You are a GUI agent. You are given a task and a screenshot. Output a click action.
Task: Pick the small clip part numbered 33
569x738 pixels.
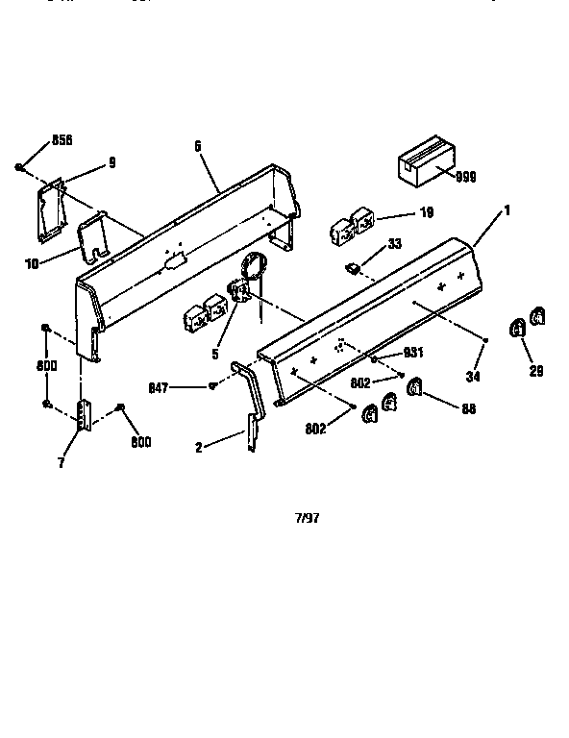point(353,264)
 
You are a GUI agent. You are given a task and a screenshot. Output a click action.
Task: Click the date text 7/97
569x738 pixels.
point(307,517)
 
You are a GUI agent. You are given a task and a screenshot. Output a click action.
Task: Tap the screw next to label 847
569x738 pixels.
point(211,386)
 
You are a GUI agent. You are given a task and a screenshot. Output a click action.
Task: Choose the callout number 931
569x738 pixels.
point(413,352)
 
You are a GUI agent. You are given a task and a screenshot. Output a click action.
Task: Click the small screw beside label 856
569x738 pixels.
point(19,168)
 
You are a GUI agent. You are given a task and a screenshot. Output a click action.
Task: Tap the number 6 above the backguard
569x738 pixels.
point(197,146)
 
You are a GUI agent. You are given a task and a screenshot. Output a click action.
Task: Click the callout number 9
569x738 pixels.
point(111,162)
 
